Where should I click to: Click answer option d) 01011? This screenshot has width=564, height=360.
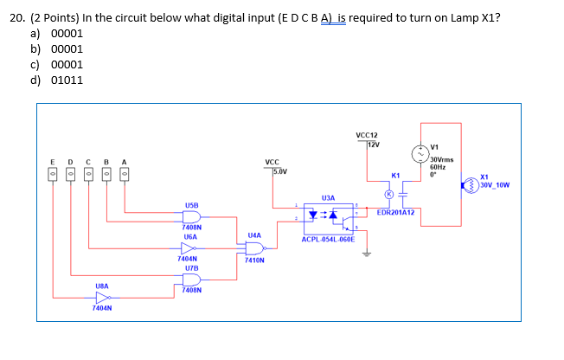(x=57, y=80)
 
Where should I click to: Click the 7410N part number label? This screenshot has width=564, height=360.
(x=254, y=260)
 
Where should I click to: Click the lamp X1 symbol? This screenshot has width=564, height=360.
(x=472, y=184)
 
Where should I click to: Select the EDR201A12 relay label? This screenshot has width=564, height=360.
(x=397, y=212)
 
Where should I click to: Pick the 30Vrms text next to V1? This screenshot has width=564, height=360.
(x=442, y=159)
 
